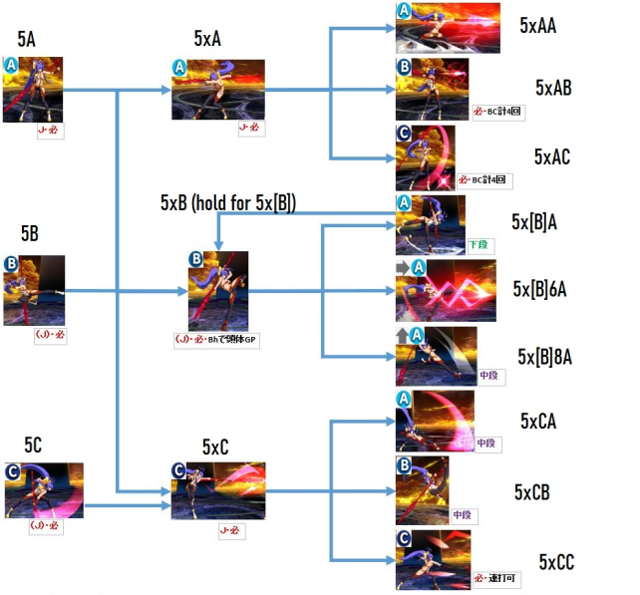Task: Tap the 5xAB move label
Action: tap(552, 88)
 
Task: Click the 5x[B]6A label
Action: tap(547, 289)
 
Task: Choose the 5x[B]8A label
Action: tap(550, 356)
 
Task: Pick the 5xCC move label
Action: tap(555, 562)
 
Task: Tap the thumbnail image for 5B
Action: tap(34, 290)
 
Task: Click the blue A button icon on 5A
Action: tap(10, 64)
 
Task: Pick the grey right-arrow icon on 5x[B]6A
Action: tap(403, 268)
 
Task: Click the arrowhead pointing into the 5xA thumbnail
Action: tap(166, 91)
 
